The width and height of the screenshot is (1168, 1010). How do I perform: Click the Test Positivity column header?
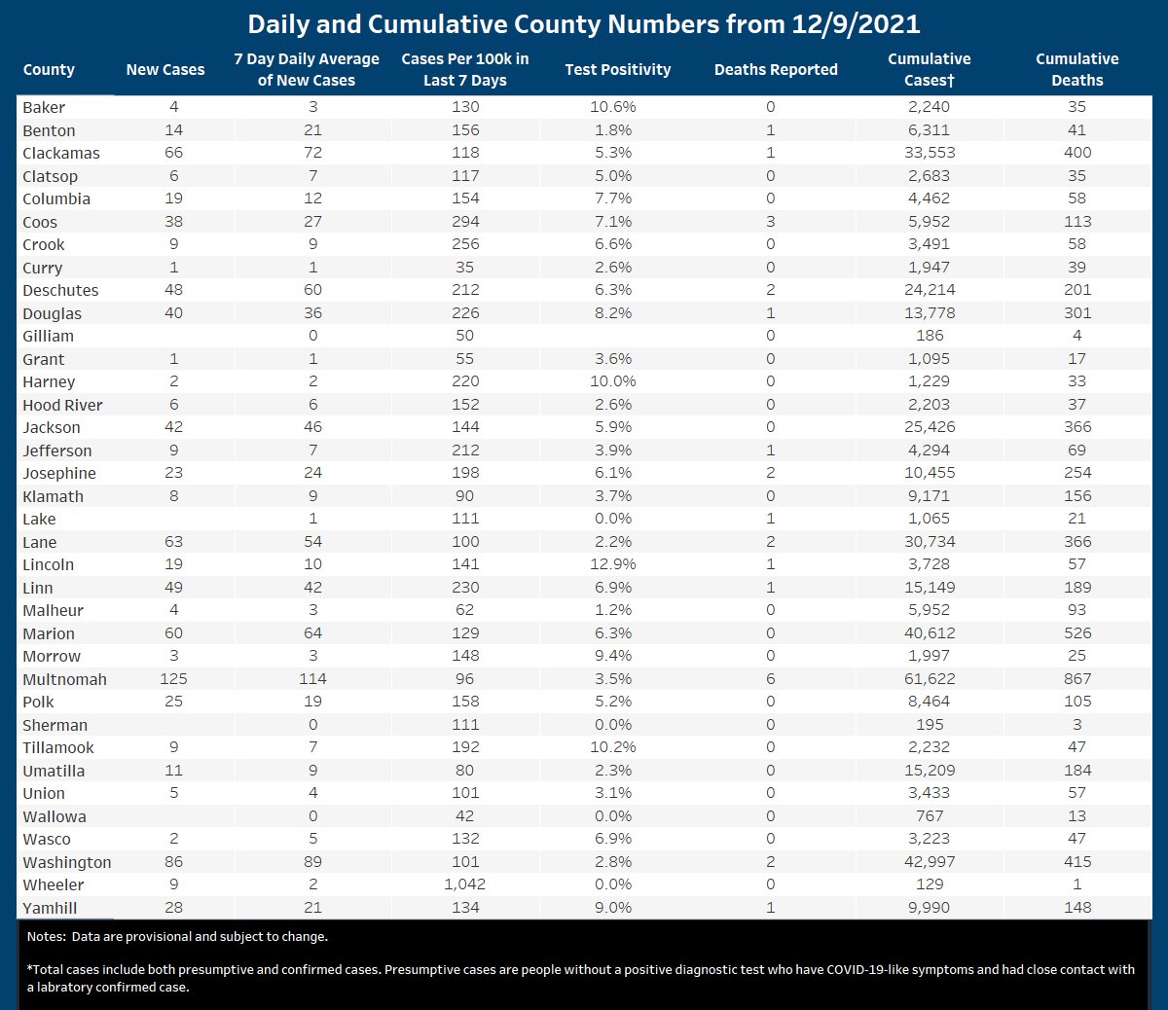(617, 70)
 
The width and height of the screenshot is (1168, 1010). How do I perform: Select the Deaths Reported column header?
(775, 70)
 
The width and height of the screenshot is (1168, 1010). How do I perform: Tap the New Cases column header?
(165, 70)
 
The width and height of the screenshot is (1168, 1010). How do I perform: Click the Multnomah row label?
(64, 679)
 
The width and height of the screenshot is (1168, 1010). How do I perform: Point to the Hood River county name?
(62, 405)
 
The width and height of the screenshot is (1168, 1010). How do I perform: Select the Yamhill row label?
(50, 908)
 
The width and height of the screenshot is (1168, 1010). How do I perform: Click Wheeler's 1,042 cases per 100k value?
(465, 884)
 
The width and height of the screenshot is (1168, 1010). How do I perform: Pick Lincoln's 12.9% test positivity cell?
(612, 564)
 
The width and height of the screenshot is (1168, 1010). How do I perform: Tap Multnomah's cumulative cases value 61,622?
(930, 679)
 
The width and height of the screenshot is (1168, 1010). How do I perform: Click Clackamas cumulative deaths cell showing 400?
(1077, 153)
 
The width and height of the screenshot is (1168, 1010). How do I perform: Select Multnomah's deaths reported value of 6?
(771, 679)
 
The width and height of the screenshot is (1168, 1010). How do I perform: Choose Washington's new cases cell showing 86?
(173, 862)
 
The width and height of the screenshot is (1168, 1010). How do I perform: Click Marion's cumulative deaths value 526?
(1077, 633)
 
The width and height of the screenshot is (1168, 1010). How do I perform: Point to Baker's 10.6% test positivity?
(612, 107)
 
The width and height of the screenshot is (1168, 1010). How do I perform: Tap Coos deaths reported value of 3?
(771, 222)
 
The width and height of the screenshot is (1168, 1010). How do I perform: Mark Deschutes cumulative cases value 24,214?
(930, 290)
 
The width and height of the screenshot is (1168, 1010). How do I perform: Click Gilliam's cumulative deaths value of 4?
(1077, 336)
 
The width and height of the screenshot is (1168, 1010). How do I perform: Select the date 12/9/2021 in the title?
(856, 24)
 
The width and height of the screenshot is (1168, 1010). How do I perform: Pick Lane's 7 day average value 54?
(312, 542)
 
